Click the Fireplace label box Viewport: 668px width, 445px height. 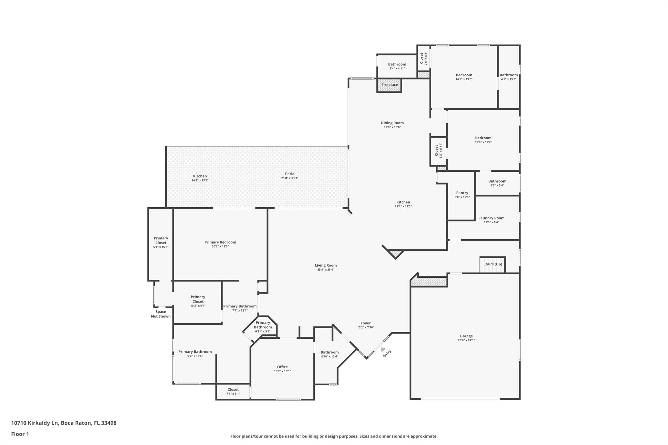(389, 85)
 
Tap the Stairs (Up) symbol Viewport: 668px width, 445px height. (493, 264)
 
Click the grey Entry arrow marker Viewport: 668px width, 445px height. (383, 349)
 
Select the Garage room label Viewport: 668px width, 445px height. (466, 336)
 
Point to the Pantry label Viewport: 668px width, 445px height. (462, 193)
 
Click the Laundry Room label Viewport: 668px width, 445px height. (491, 218)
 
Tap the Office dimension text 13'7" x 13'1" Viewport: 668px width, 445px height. (282, 371)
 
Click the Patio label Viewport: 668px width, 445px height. (290, 174)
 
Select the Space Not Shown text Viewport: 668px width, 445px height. (160, 314)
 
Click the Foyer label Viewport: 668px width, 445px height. (365, 323)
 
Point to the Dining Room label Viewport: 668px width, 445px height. (392, 123)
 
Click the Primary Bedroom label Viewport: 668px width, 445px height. (220, 242)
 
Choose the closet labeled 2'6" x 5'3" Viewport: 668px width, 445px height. (423, 58)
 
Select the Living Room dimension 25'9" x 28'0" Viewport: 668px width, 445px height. (326, 270)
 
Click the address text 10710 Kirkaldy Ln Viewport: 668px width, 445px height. (35, 423)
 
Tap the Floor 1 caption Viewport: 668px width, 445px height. (20, 434)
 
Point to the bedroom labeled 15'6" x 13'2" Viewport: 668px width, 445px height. (483, 140)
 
